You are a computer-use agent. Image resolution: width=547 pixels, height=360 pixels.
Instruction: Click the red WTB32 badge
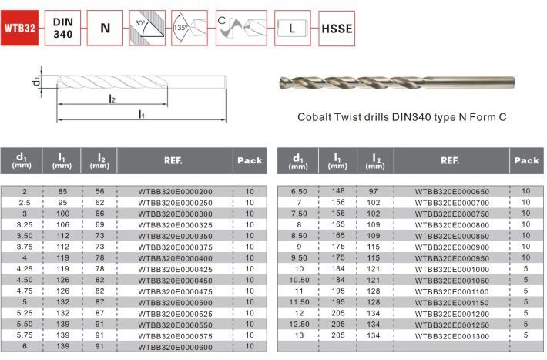pyautogui.click(x=19, y=28)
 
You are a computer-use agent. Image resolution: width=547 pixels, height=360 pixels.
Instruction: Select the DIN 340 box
pyautogui.click(x=63, y=28)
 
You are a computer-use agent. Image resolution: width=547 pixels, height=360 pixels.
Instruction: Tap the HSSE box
pyautogui.click(x=337, y=29)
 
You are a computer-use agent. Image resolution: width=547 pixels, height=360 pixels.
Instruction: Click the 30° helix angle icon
pyautogui.click(x=147, y=28)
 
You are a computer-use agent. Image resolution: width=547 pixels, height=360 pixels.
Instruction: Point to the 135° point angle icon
pyautogui.click(x=190, y=28)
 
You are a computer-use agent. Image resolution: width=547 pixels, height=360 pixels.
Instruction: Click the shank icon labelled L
pyautogui.click(x=292, y=28)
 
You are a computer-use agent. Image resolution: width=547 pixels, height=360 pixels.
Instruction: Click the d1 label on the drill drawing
pyautogui.click(x=35, y=82)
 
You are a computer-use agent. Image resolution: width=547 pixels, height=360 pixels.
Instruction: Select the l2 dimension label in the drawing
pyautogui.click(x=112, y=99)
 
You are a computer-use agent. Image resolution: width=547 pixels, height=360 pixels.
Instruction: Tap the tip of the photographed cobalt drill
pyautogui.click(x=280, y=82)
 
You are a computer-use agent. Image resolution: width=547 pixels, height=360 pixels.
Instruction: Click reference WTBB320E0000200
pyautogui.click(x=175, y=192)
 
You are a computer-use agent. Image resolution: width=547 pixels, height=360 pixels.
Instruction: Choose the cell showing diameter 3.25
pyautogui.click(x=25, y=225)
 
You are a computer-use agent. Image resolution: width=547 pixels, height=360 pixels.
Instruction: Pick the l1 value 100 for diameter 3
pyautogui.click(x=63, y=214)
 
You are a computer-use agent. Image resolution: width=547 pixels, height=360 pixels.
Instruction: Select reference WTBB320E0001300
pyautogui.click(x=452, y=336)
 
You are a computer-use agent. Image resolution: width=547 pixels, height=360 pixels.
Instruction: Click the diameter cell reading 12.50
pyautogui.click(x=300, y=325)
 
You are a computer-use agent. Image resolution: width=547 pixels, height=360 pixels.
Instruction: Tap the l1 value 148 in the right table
pyautogui.click(x=338, y=191)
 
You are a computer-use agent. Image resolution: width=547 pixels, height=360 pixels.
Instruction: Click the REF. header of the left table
pyautogui.click(x=173, y=160)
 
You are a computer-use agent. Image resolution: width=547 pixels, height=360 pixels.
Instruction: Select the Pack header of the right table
pyautogui.click(x=526, y=160)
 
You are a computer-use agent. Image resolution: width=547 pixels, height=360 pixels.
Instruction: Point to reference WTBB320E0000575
pyautogui.click(x=175, y=336)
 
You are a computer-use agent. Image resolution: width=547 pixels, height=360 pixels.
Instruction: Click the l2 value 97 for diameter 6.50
pyautogui.click(x=374, y=191)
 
